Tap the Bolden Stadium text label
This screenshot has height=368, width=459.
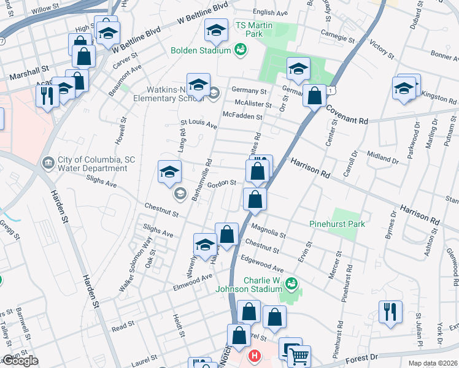click(200, 50)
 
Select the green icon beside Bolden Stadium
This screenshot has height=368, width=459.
click(240, 50)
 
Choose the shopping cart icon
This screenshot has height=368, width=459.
click(299, 356)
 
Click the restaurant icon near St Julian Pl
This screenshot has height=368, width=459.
click(390, 311)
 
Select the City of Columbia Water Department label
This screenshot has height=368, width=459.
click(92, 164)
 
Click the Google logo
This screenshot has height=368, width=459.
click(20, 361)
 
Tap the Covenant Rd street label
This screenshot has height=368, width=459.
click(347, 115)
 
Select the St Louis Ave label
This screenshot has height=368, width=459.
click(199, 125)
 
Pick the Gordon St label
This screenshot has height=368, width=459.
click(222, 183)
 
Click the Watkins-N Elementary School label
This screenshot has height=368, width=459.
click(163, 91)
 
